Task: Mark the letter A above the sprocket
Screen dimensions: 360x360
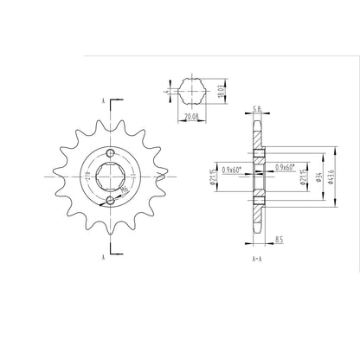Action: pos(103,102)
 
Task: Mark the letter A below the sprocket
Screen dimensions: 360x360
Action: pos(103,257)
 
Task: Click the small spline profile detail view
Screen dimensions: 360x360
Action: pos(190,89)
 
